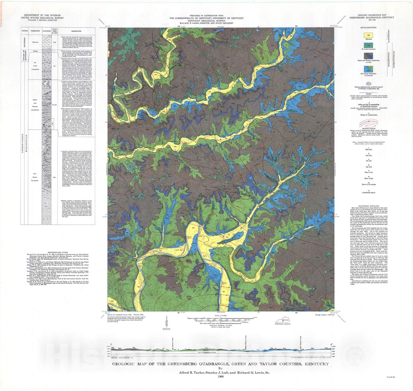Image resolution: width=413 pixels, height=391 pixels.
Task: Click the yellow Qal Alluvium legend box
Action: coord(368,35)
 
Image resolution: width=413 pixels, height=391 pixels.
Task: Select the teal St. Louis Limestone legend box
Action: coord(368,45)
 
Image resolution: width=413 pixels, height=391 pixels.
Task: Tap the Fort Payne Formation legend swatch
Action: coord(368,69)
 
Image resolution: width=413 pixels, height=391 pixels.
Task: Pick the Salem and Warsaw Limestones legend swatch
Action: coord(368,56)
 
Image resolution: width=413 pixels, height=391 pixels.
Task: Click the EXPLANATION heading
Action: coord(368,27)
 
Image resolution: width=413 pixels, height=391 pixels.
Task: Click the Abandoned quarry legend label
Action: coord(369,193)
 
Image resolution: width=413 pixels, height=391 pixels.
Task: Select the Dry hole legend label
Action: coord(369,156)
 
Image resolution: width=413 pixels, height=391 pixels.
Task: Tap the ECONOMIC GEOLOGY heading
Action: coord(369,206)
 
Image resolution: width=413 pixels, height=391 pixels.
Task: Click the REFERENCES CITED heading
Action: coord(58,252)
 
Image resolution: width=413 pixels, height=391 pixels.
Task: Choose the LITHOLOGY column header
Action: coord(47,31)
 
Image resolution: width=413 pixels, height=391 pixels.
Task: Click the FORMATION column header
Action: coord(35,31)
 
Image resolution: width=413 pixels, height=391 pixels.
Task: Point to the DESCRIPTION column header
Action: coord(76,31)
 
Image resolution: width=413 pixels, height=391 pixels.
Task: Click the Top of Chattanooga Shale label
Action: coord(207,352)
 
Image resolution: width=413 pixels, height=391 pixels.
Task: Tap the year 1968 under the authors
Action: coord(220,377)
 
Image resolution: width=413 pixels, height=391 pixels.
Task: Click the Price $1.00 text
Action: coord(391,377)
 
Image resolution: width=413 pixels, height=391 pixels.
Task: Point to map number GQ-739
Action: coord(372,20)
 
